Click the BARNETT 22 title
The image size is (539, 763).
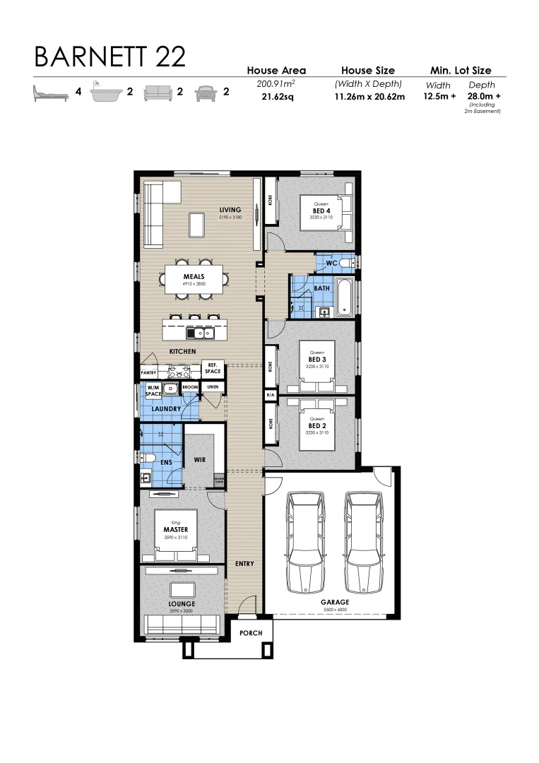(x=109, y=57)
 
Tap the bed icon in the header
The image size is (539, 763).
(x=50, y=93)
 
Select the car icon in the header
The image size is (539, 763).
(x=206, y=92)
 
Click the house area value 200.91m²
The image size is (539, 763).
(x=276, y=84)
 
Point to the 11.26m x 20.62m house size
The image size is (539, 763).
(x=369, y=97)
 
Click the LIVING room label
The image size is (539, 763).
(x=230, y=210)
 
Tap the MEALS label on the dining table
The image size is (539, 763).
(x=194, y=277)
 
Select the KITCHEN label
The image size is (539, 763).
(x=182, y=351)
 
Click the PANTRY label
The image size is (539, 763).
(x=148, y=372)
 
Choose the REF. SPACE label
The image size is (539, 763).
(x=213, y=368)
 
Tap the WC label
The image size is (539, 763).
(x=329, y=264)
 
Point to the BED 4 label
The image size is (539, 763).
(x=321, y=211)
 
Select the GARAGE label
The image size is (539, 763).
(x=335, y=603)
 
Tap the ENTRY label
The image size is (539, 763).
(x=244, y=564)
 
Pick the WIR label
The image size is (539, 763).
(x=199, y=460)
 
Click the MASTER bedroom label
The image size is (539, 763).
(x=174, y=529)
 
